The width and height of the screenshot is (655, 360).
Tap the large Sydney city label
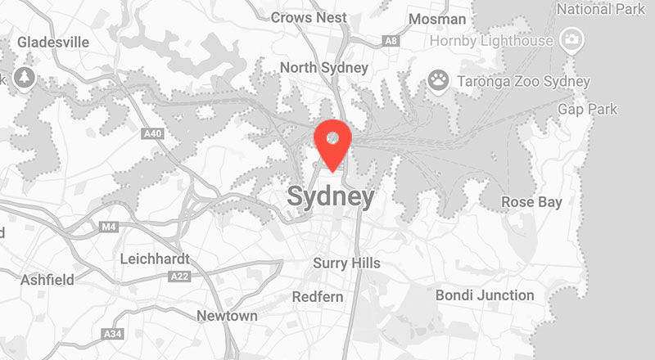click(331, 197)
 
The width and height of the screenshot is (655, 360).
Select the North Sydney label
click(323, 67)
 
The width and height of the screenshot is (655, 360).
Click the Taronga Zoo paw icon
click(440, 79)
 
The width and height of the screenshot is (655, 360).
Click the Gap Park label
click(587, 109)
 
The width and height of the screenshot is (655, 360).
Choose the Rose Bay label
click(531, 202)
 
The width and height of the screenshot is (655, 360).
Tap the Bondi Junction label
click(485, 295)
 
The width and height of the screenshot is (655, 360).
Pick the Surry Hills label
click(346, 263)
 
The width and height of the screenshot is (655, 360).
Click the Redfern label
click(318, 296)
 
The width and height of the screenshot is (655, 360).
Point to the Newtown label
click(227, 315)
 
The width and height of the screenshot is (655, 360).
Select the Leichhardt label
click(154, 259)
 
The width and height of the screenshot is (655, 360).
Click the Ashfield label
click(47, 280)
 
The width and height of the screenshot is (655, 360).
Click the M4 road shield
click(109, 226)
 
